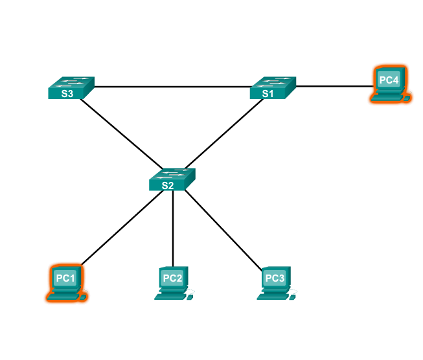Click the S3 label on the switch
click(x=67, y=93)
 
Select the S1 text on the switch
click(x=268, y=93)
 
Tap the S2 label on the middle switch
click(x=168, y=185)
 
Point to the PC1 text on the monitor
click(x=65, y=278)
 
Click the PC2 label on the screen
click(x=172, y=278)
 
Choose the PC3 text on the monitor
click(x=275, y=278)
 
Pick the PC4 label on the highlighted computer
click(x=389, y=80)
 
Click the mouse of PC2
click(x=189, y=297)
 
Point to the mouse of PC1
click(x=83, y=297)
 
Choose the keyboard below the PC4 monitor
click(x=385, y=98)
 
